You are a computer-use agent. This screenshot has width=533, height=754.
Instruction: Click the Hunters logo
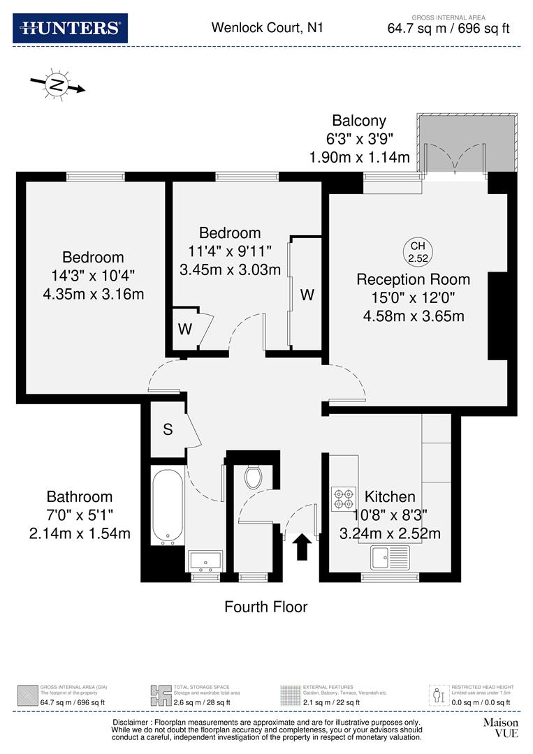point(70,28)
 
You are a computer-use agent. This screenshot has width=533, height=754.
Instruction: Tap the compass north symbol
point(57,86)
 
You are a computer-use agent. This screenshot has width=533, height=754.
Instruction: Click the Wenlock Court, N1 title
point(268,28)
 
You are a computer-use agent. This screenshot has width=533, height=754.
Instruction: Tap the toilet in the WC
point(253,478)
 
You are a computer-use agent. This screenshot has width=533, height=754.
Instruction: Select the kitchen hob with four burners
point(343,496)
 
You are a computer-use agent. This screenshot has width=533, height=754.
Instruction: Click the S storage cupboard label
point(168,430)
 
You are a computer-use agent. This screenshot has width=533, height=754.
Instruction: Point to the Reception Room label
point(413,279)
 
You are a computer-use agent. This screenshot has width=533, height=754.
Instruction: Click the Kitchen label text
point(390,497)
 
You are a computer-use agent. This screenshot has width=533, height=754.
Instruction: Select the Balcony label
point(358,121)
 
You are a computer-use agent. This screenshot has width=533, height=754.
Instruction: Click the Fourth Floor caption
point(265,607)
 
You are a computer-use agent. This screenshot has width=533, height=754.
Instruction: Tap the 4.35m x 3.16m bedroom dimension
point(93,294)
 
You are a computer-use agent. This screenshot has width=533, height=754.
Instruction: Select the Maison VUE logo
point(500,727)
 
